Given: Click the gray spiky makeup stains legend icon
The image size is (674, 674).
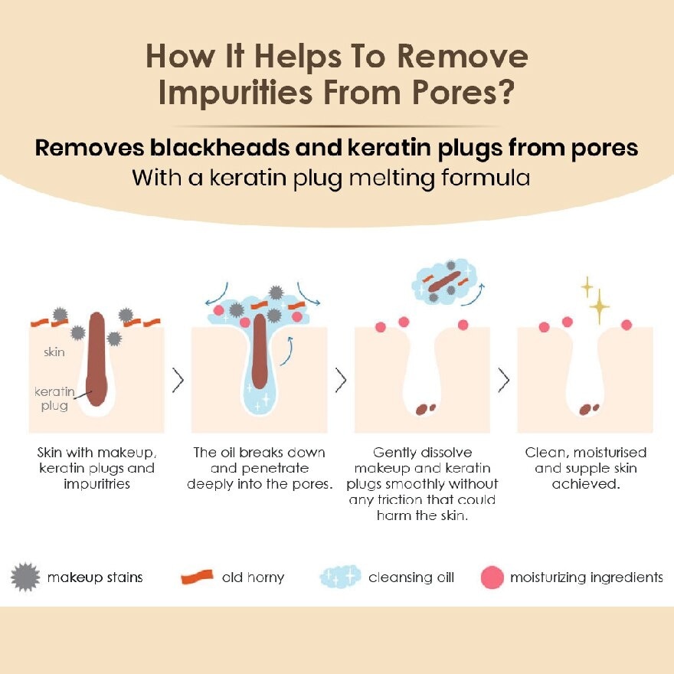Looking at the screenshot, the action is [25, 577].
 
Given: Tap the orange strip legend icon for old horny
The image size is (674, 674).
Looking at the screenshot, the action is [197, 577].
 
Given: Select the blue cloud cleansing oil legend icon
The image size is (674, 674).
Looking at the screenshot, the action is [340, 577].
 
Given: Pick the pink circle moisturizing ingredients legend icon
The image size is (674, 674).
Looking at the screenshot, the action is [492, 577].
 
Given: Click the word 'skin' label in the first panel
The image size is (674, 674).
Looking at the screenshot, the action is [54, 352].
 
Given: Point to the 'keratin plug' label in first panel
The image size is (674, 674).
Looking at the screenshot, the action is [54, 398].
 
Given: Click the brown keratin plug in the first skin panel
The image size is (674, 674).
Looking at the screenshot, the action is [97, 359].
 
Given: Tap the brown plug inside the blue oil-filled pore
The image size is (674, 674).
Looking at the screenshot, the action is [260, 352].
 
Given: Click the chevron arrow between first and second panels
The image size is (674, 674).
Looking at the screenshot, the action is [178, 380].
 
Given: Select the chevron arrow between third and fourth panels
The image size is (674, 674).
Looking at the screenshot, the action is [504, 380].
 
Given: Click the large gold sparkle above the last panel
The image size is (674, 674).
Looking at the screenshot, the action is [599, 306].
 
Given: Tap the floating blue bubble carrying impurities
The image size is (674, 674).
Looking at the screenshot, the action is [444, 282].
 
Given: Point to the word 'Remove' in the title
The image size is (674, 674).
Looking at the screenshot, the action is [463, 56].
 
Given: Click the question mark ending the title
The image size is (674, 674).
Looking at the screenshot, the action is [505, 91].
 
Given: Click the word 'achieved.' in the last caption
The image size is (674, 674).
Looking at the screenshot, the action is [586, 484].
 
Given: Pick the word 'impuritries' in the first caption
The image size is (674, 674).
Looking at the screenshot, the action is [97, 484].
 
